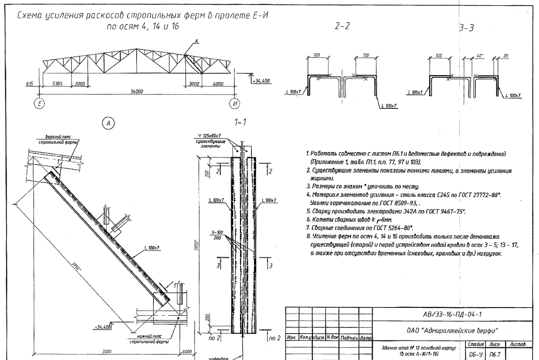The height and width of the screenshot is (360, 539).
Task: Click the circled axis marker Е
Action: [38, 103]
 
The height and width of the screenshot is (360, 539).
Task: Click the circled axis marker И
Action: [235, 103]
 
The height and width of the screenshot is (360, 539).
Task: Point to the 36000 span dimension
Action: [137, 92]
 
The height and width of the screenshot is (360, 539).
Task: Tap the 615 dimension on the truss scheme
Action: [29, 84]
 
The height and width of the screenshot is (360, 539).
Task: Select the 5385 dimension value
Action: [57, 84]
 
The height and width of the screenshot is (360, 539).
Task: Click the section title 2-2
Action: [342, 26]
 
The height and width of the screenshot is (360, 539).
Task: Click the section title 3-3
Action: [467, 28]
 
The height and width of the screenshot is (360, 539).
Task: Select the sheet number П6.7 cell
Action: [494, 353]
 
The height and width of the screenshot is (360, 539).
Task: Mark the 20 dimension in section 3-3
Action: [505, 56]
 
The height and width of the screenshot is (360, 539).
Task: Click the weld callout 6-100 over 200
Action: [217, 235]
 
